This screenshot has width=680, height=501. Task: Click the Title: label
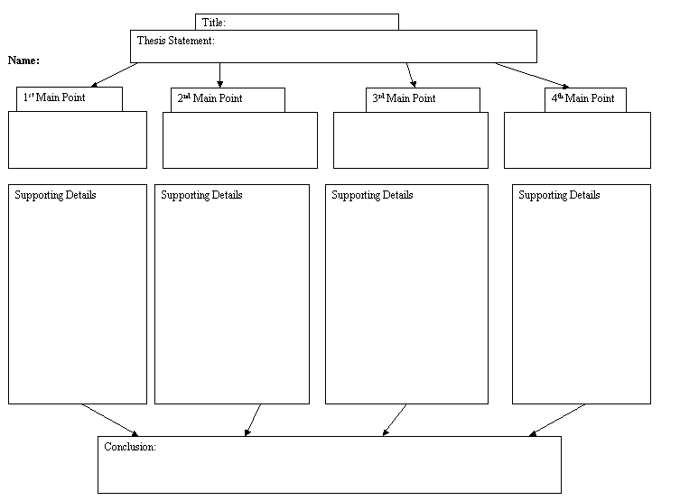click(214, 22)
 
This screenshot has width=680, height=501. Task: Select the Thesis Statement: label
click(175, 41)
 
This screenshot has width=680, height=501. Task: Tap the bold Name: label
click(23, 60)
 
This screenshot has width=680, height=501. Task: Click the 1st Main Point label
click(54, 97)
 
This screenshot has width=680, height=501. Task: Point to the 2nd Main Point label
click(210, 98)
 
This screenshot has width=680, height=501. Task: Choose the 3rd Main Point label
click(404, 98)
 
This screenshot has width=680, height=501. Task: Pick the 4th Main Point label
click(582, 97)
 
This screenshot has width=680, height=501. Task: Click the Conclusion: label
click(130, 447)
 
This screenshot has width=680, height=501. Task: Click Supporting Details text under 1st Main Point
click(55, 195)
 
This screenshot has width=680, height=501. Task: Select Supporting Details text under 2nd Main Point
click(201, 195)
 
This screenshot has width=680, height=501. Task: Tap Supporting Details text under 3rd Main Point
click(372, 195)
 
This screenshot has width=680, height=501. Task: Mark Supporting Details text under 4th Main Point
click(559, 195)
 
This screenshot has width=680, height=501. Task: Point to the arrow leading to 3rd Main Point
click(411, 74)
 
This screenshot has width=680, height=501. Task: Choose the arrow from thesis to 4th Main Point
click(533, 75)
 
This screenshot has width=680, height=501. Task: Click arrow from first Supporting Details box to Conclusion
click(110, 420)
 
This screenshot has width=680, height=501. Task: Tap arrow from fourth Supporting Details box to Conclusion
click(557, 420)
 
